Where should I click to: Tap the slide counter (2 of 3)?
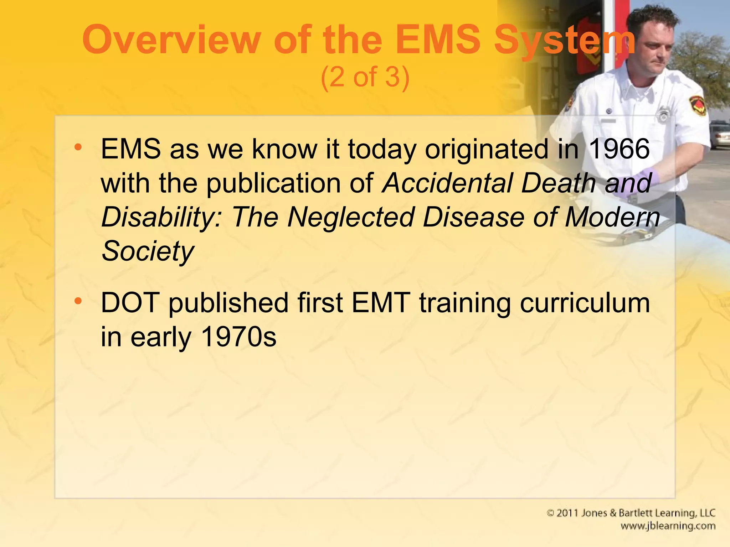pyautogui.click(x=365, y=77)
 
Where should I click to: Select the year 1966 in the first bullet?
pyautogui.click(x=619, y=149)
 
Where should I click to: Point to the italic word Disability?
pyautogui.click(x=162, y=217)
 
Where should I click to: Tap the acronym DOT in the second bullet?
pyautogui.click(x=130, y=303)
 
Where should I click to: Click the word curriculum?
pyautogui.click(x=585, y=303)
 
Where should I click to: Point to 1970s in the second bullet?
pyautogui.click(x=238, y=337)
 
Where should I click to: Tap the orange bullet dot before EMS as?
pyautogui.click(x=78, y=147)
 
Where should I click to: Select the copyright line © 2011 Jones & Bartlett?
pyautogui.click(x=631, y=513)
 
